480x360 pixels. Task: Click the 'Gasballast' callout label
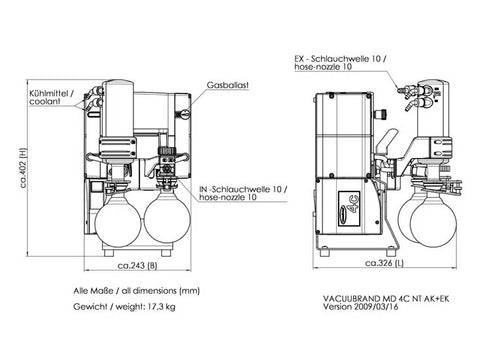[x=228, y=85]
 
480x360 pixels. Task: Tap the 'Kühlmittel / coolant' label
[x=50, y=97]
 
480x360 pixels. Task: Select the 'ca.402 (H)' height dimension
[x=23, y=168]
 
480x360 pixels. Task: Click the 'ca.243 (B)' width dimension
[x=137, y=265]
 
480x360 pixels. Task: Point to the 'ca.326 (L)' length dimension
[x=384, y=263]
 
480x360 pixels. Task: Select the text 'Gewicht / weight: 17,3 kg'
[x=124, y=307]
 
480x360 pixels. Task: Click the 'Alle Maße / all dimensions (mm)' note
[x=137, y=291]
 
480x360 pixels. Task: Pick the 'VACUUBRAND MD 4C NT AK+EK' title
[x=386, y=298]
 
